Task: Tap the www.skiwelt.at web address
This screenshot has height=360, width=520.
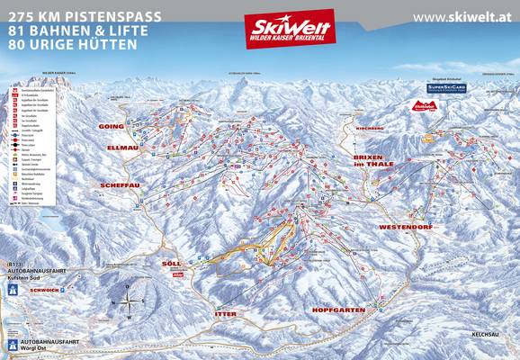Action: coord(463,17)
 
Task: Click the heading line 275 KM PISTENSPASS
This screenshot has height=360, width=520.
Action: coord(69,15)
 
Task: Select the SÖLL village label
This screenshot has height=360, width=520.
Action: coord(171,264)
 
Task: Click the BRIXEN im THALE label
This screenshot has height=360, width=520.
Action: coord(363,161)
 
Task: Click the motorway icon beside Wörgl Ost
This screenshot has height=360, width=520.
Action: coord(13,345)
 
